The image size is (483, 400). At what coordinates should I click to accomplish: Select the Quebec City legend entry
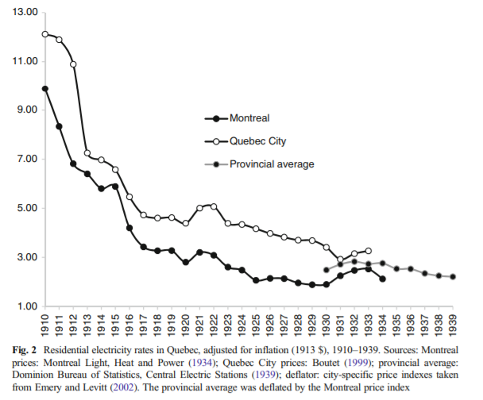click(x=257, y=141)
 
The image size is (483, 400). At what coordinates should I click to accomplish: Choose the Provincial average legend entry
click(x=272, y=164)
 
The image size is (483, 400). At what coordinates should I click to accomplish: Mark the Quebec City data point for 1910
click(x=45, y=34)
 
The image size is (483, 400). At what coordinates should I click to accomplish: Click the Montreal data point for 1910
click(x=45, y=89)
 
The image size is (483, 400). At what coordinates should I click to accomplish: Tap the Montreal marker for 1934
click(x=382, y=279)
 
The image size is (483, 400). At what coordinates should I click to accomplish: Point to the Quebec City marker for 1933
click(x=368, y=251)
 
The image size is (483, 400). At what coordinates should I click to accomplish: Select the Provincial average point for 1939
click(x=453, y=277)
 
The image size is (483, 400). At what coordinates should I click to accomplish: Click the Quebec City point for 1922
click(x=214, y=206)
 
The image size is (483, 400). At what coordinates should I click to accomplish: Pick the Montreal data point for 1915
click(x=115, y=187)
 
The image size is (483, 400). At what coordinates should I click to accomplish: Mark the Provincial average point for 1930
click(x=326, y=270)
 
